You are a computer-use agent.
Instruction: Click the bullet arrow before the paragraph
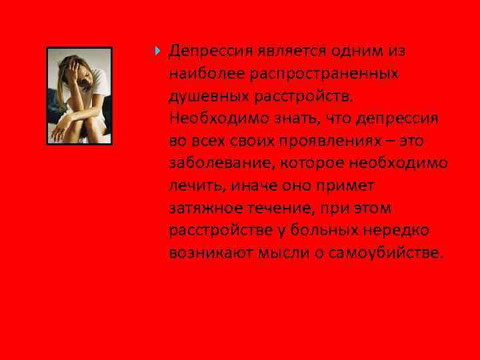tap(157, 50)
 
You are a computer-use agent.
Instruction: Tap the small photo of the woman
tap(79, 96)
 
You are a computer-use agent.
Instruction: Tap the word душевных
tap(207, 96)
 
